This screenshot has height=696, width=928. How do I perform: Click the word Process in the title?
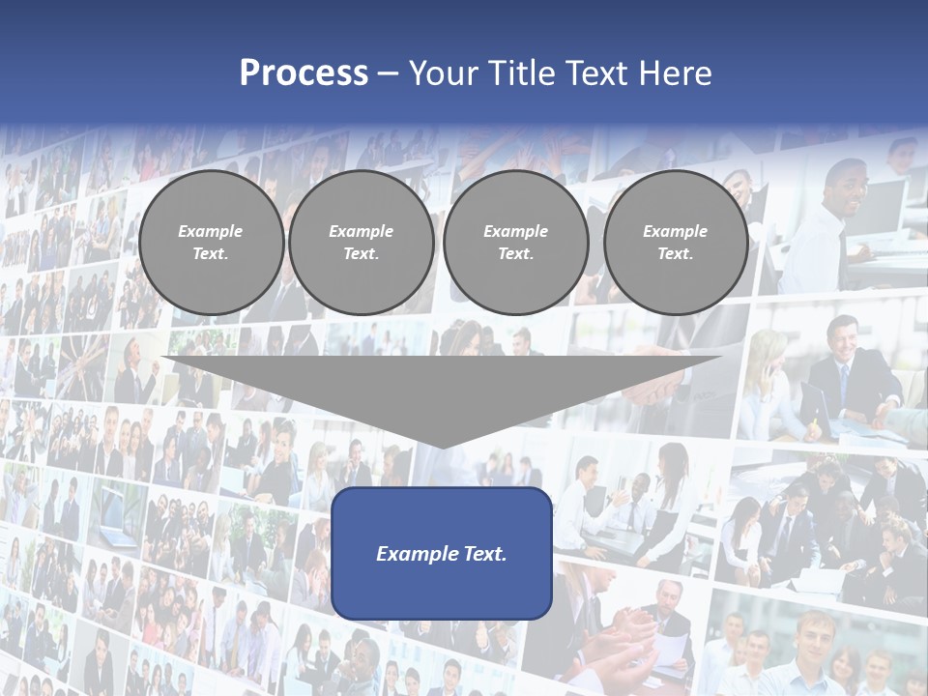pyautogui.click(x=304, y=72)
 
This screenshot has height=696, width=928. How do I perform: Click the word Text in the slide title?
pyautogui.click(x=599, y=73)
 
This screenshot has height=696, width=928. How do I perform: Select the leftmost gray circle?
pyautogui.click(x=211, y=242)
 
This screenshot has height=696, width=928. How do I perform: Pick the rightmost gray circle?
pyautogui.click(x=675, y=242)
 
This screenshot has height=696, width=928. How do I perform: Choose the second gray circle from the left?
pyautogui.click(x=361, y=242)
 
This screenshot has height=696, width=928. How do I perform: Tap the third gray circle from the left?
pyautogui.click(x=515, y=242)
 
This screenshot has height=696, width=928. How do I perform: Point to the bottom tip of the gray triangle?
pyautogui.click(x=442, y=446)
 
